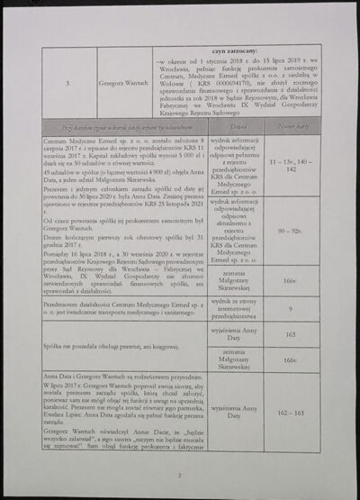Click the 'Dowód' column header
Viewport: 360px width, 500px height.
(238, 129)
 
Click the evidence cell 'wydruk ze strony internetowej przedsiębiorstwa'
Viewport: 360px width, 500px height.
(238, 308)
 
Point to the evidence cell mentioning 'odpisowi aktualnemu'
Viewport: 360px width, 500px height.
(238, 231)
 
